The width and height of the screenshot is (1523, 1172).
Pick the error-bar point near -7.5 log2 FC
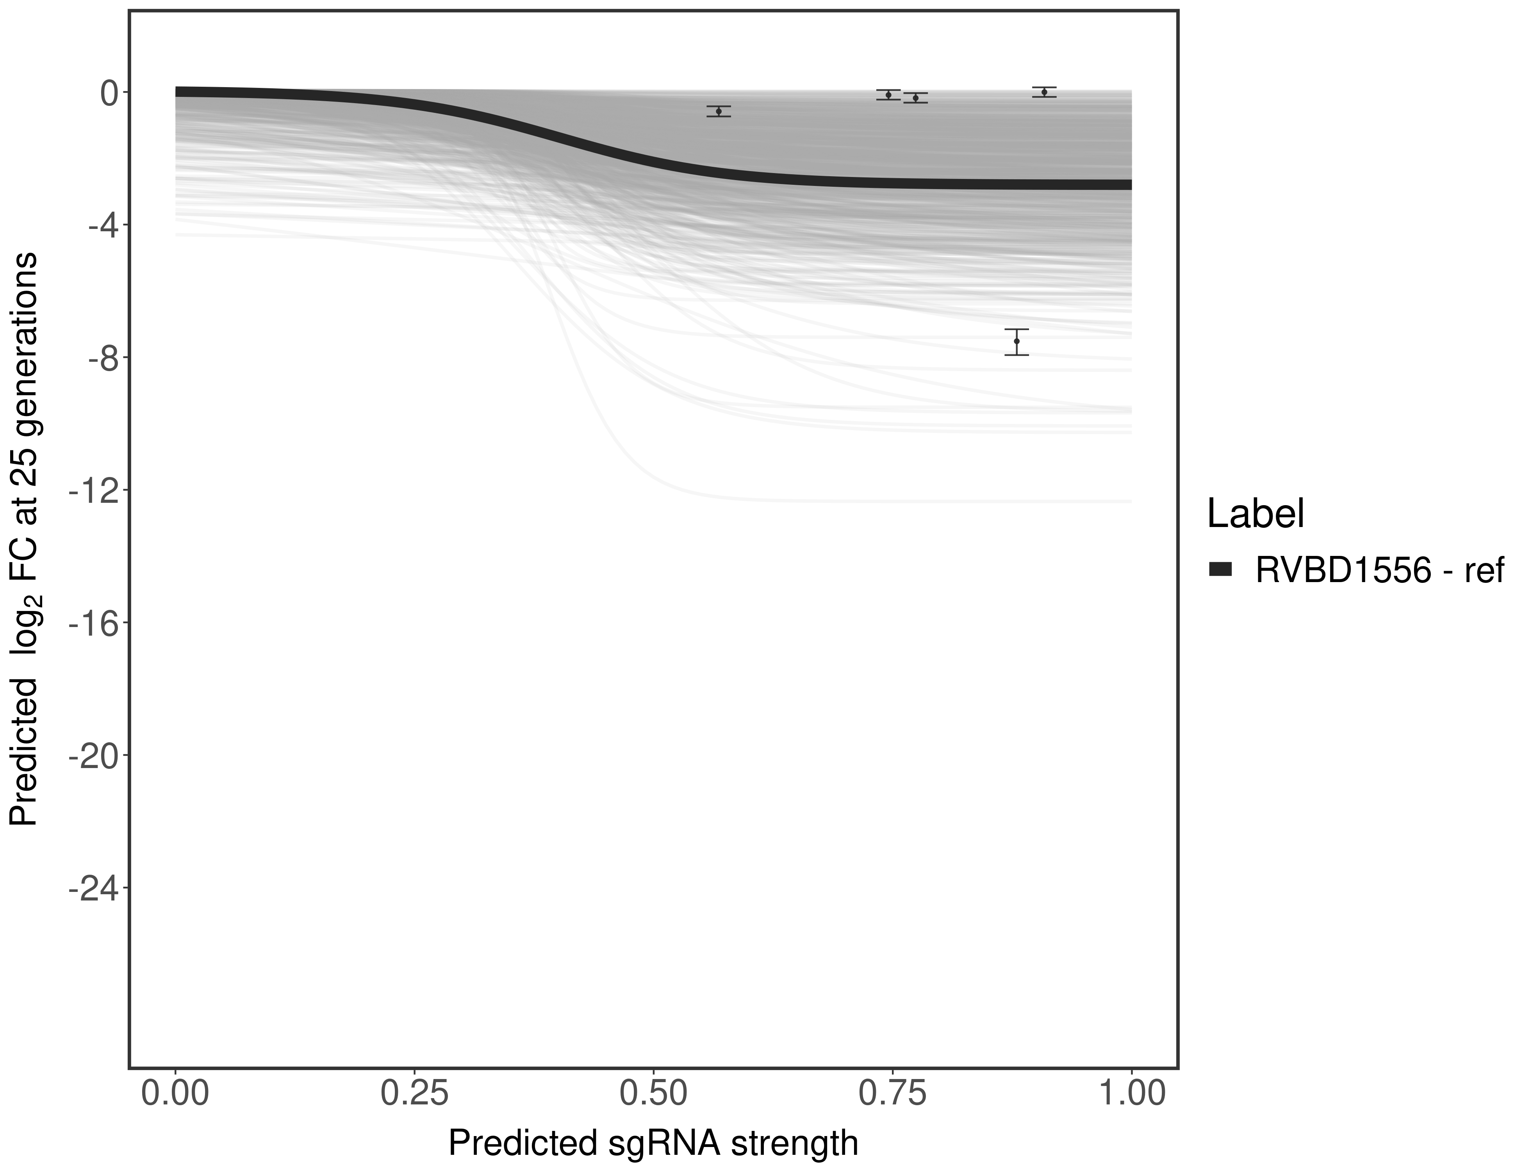(1017, 341)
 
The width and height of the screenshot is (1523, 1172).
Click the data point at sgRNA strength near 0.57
(718, 111)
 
